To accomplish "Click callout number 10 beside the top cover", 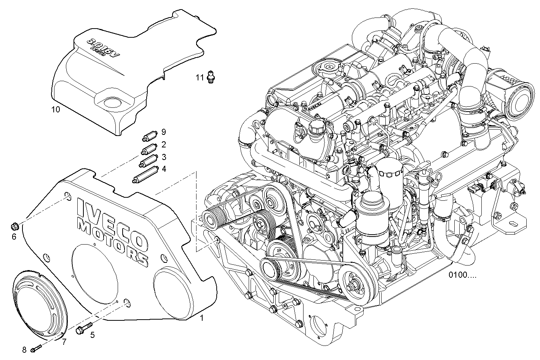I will [x=56, y=110].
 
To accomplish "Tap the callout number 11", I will [x=200, y=78].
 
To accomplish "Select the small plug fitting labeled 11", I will [x=210, y=76].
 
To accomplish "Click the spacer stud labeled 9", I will [x=149, y=136].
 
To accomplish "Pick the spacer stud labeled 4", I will [x=145, y=174].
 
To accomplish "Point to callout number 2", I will [x=163, y=145].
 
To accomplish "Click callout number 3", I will [x=163, y=157].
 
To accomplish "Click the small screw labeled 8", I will [x=36, y=347].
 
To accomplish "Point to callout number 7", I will [x=64, y=341].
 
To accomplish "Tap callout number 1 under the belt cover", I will [x=202, y=318].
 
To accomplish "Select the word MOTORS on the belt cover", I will [x=112, y=240].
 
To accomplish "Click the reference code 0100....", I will [x=462, y=275].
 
